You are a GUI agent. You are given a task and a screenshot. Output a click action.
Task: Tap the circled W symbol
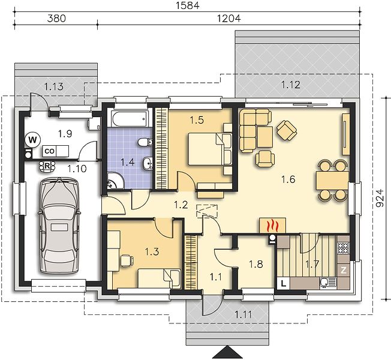point(32,140)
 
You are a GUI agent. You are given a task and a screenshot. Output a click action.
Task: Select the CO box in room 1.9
point(49,151)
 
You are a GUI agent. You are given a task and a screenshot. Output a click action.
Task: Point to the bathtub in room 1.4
point(130,119)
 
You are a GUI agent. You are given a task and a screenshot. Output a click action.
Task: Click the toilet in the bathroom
point(145,142)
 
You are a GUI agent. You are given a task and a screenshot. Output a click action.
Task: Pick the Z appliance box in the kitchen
point(344,270)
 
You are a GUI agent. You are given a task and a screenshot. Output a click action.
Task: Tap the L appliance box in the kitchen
point(283,283)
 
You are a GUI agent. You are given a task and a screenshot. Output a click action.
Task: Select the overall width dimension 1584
point(188,5)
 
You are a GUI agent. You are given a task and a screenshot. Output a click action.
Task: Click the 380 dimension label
point(56,18)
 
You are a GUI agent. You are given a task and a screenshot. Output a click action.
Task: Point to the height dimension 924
point(380,198)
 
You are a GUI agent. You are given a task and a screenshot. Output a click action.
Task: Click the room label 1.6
point(288,179)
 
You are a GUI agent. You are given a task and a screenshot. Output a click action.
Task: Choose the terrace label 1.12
point(291,85)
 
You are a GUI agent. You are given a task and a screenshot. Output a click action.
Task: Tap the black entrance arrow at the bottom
point(227,353)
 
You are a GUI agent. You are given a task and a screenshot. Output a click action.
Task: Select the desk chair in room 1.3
point(127,260)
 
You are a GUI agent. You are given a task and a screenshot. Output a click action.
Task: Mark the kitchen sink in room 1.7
point(327,283)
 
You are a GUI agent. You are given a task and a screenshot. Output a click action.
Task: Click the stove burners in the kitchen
point(344,247)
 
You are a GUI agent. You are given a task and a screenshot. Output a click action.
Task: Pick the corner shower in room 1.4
point(116,181)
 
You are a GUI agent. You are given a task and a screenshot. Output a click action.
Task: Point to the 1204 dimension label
point(229,18)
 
